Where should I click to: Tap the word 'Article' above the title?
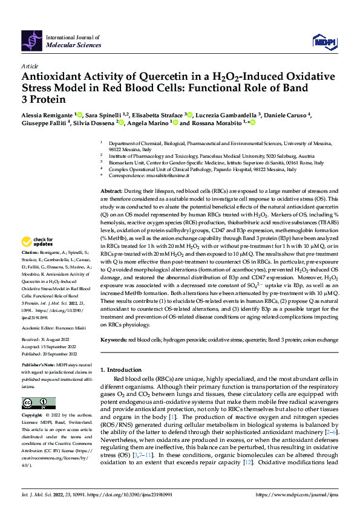tap(30, 66)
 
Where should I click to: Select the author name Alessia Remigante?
tap(48, 115)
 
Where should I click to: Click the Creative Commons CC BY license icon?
tap(35, 403)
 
